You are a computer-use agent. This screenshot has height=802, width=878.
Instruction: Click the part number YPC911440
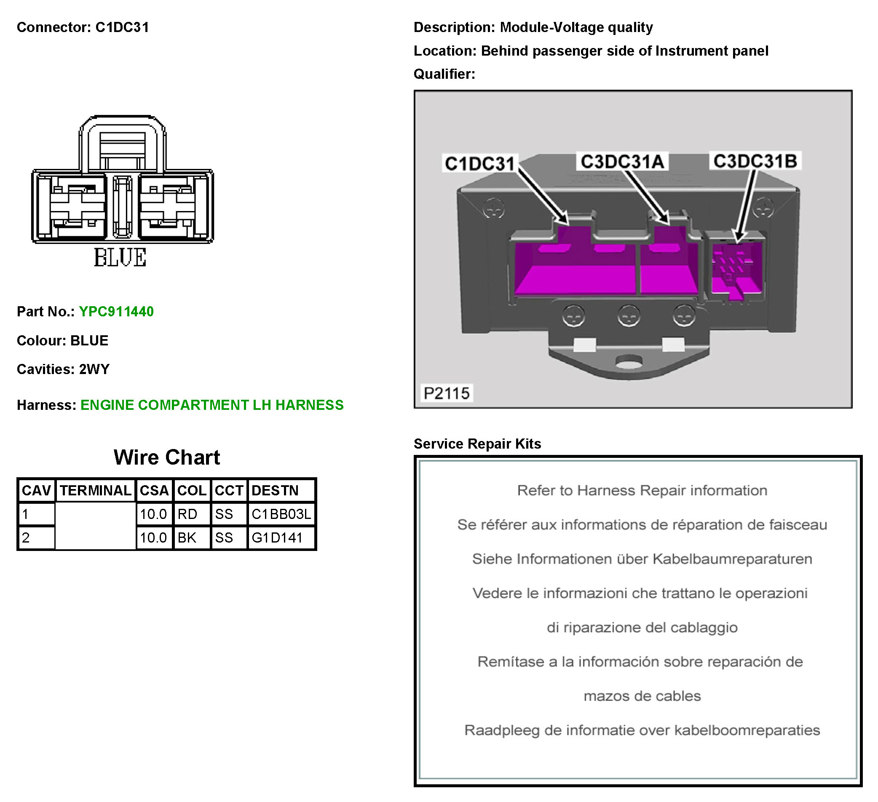tap(116, 312)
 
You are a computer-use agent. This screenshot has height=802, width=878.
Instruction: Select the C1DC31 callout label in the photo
tap(479, 164)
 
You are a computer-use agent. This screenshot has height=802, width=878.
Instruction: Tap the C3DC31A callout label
tap(622, 161)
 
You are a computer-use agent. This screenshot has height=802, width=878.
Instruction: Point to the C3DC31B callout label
tap(755, 161)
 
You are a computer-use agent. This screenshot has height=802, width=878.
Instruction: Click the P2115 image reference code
tap(447, 393)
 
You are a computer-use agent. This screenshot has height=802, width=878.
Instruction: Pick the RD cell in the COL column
tap(187, 514)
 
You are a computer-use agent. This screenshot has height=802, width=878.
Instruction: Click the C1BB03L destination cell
tap(281, 514)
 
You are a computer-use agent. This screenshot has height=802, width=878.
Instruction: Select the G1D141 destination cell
tap(277, 538)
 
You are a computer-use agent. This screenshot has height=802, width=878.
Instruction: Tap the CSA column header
tap(154, 491)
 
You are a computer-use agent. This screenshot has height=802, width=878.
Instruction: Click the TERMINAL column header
tap(95, 491)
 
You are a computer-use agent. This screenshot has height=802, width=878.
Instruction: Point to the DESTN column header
tap(275, 491)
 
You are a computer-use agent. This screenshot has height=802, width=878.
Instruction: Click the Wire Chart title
tap(167, 457)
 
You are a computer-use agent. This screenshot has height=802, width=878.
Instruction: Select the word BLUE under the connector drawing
tap(120, 257)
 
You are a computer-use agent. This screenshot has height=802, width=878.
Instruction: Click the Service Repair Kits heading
tap(477, 444)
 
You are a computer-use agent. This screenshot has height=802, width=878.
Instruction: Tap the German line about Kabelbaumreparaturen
tap(642, 559)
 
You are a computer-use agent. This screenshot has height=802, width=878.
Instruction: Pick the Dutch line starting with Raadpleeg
tap(642, 730)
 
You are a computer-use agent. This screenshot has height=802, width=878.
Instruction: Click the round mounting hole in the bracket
tap(629, 361)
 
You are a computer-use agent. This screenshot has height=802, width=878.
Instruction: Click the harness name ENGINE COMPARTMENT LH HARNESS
tap(211, 405)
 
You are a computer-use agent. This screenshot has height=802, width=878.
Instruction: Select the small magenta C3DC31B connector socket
tap(736, 270)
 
